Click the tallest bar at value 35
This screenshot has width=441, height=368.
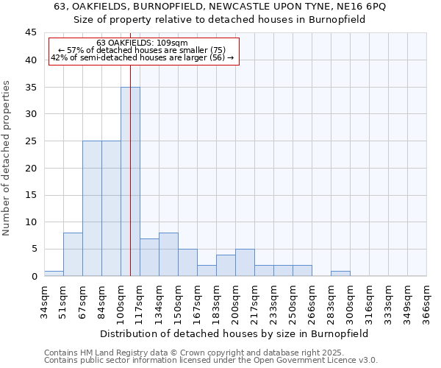coord(130,181)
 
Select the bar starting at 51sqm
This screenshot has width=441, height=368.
coord(73,254)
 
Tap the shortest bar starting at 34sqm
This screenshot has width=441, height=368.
coord(54,273)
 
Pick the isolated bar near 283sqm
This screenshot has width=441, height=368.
coord(340,273)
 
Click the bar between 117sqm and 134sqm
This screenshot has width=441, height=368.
coord(149,257)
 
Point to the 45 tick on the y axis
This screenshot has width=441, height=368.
coord(31,33)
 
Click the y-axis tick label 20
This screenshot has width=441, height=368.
coord(31,168)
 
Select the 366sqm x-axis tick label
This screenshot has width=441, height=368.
coord(427,302)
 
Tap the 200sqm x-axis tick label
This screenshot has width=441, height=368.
coord(236,302)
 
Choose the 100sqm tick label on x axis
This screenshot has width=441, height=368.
coord(121,302)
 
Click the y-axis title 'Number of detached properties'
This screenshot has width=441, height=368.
coord(7,158)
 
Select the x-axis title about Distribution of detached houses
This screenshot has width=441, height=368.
coord(235,333)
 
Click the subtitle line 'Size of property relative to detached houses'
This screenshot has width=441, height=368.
coord(220,20)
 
